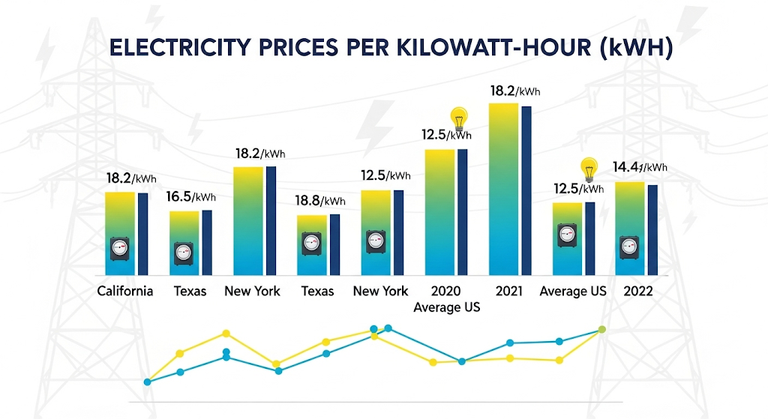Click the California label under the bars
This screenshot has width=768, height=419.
point(125,291)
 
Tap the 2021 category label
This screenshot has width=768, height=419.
point(509,291)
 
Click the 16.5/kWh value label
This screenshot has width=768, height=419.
point(190,197)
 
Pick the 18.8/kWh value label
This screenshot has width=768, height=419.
point(320,201)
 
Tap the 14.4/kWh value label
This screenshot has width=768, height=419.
point(640,167)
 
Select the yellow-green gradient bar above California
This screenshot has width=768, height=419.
point(119,233)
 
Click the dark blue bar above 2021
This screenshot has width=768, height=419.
point(526,191)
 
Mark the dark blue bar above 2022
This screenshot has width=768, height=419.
point(652,229)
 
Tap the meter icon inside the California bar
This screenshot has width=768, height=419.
point(120,248)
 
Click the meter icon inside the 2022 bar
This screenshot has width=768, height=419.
point(629,246)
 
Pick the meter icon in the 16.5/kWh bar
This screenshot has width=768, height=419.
point(184,253)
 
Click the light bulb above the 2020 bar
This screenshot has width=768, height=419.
point(457,118)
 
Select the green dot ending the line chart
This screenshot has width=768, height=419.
point(601,330)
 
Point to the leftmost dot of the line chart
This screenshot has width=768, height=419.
point(148,382)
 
